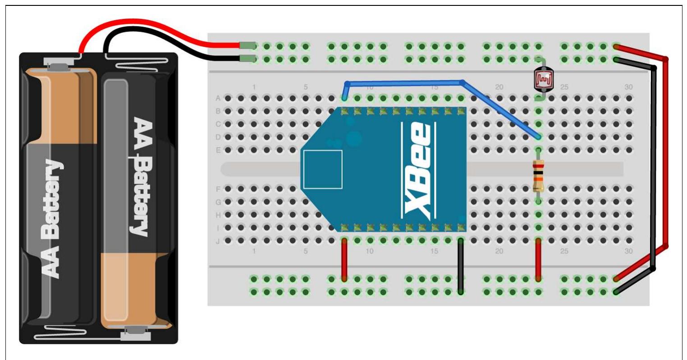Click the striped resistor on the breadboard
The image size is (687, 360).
point(538,176)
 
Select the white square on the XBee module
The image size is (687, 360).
point(323,169)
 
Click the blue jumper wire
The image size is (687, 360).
point(406,82)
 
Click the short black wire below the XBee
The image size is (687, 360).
point(460,266)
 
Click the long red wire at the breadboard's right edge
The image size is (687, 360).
point(666,153)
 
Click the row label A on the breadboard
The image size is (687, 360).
point(218,98)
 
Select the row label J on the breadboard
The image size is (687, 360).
point(218,241)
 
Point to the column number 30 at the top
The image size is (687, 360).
point(628,87)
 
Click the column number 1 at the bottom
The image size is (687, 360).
point(254,251)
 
